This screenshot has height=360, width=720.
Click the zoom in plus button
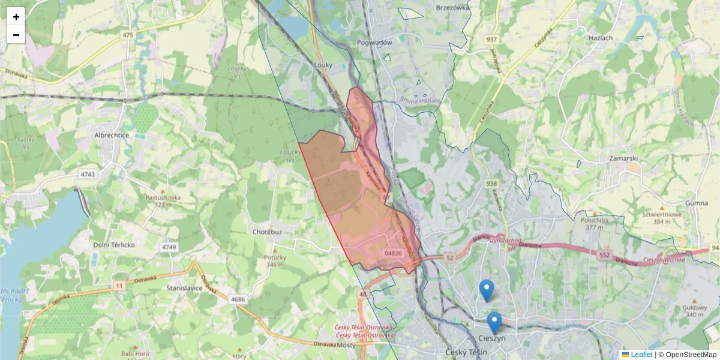click(16, 16)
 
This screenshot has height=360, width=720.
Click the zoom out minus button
click(16, 35)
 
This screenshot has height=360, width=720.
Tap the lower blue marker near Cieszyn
click(494, 323)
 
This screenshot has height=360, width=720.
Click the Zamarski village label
click(623, 158)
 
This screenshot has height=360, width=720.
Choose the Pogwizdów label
click(374, 43)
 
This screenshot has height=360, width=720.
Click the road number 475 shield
click(128, 35)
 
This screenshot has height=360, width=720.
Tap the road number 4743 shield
click(88, 175)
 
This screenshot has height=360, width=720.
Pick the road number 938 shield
click(492, 184)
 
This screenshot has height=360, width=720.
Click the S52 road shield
click(604, 255)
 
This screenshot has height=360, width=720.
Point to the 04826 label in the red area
click(393, 253)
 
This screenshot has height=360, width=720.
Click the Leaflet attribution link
click(641, 355)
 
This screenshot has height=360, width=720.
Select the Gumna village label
click(697, 203)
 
